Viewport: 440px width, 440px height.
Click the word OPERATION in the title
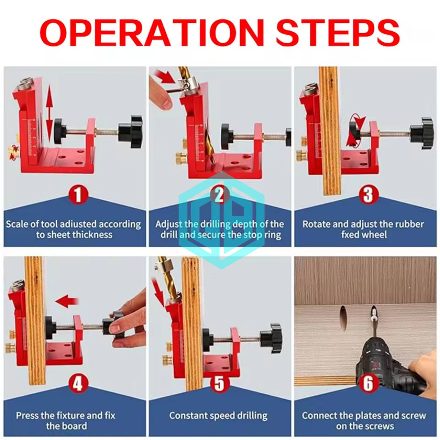pyautogui.click(x=152, y=33)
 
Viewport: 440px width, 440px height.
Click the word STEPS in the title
pyautogui.click(x=338, y=33)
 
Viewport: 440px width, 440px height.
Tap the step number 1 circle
pyautogui.click(x=78, y=194)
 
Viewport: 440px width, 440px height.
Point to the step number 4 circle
pyautogui.click(x=78, y=384)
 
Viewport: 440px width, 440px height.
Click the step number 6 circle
pyautogui.click(x=368, y=383)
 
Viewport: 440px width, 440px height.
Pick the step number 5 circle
pyautogui.click(x=220, y=383)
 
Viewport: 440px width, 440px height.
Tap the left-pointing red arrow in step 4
pyautogui.click(x=67, y=302)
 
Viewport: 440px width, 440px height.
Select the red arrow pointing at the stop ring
pyautogui.click(x=165, y=77)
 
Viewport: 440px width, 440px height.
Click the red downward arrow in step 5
pyautogui.click(x=159, y=292)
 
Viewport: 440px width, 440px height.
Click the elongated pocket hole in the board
pyautogui.click(x=343, y=318)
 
